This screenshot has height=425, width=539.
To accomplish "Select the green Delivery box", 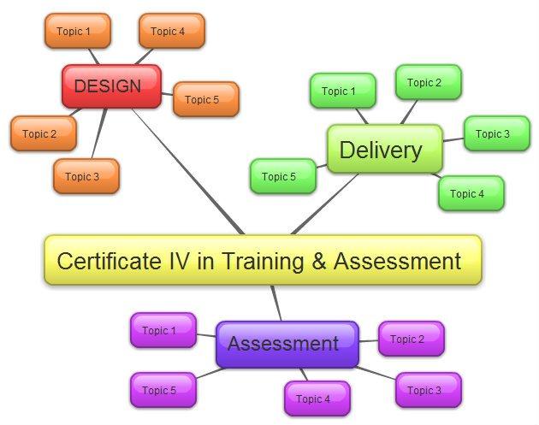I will click(x=384, y=150).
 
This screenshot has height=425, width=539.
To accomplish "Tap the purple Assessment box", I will click(x=286, y=344).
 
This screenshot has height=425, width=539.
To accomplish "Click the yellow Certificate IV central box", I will click(x=263, y=260).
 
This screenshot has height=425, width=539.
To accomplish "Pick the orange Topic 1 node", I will click(x=77, y=32).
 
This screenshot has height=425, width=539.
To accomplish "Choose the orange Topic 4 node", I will click(x=171, y=32).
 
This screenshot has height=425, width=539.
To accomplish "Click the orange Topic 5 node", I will click(x=205, y=100).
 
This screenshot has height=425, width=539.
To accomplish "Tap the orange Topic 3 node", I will click(x=86, y=177).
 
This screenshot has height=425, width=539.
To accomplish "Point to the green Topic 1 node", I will click(x=342, y=91).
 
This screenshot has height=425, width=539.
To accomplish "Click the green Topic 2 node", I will click(x=428, y=83).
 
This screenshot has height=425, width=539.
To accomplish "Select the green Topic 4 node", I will click(x=471, y=194).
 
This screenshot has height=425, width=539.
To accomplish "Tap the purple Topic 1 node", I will click(x=163, y=331).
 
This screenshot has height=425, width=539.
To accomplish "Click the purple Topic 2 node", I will click(x=411, y=339).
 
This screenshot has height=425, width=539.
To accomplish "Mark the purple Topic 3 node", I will click(x=428, y=391).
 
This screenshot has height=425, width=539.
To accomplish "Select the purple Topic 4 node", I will click(x=317, y=399).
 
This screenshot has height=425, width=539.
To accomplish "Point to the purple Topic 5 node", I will click(x=163, y=391).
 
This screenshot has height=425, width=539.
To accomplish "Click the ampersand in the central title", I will click(x=318, y=261).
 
